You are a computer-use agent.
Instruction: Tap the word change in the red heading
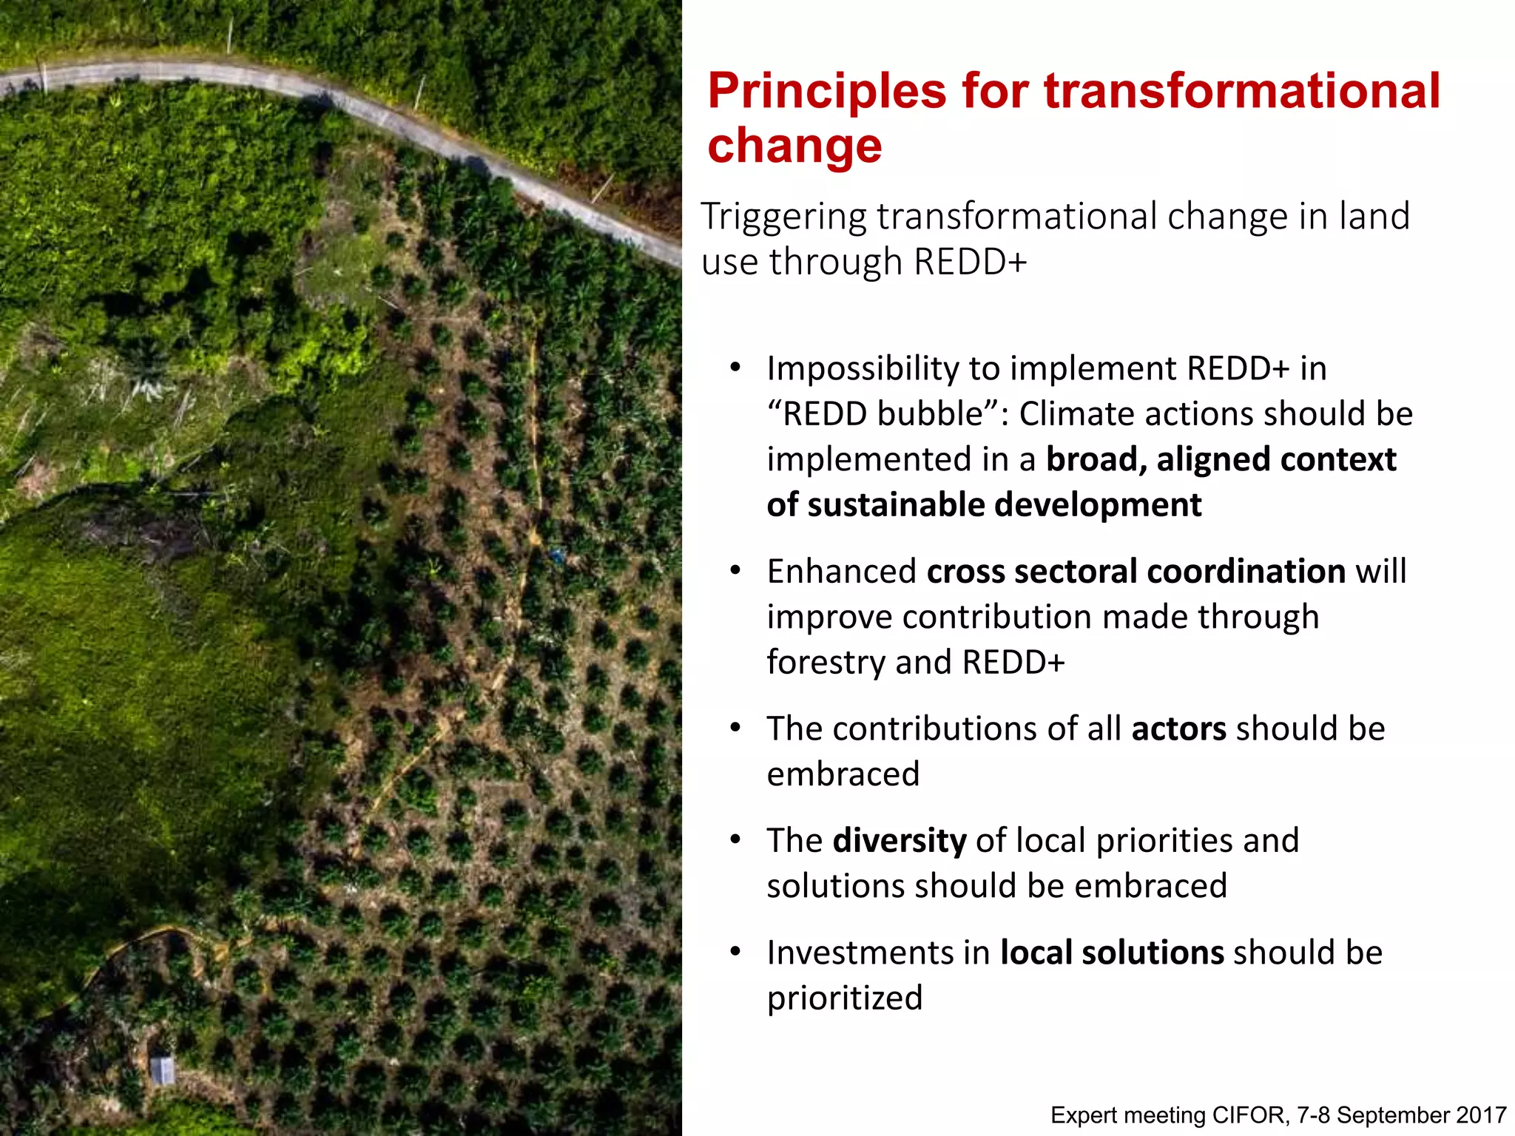pos(794,146)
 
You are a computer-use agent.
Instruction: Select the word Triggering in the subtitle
pos(783,217)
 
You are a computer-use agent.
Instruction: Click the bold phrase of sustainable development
pos(984,505)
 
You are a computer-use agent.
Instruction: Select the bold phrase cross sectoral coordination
pos(1136,572)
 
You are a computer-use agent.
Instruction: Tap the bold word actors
pos(1178,729)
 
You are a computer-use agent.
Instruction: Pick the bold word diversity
pos(899,841)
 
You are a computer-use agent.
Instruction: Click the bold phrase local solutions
pos(1112,953)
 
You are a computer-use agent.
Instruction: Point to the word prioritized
pos(844,998)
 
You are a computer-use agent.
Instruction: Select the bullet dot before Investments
pos(735,952)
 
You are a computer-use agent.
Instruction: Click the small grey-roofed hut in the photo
pos(163,1070)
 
